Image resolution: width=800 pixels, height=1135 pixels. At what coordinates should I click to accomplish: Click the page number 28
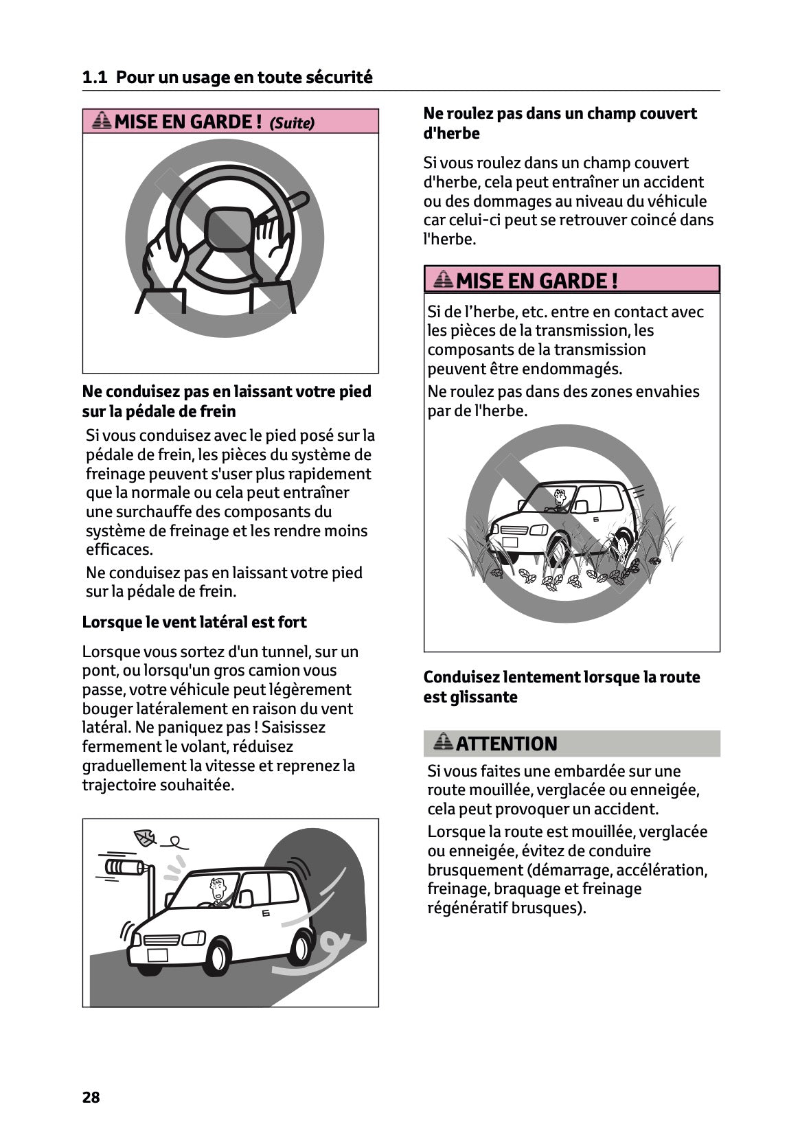(x=91, y=1097)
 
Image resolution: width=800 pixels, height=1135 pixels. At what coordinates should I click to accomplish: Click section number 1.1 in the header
(x=94, y=78)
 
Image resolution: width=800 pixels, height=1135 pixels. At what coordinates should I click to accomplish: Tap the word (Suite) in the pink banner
(x=292, y=123)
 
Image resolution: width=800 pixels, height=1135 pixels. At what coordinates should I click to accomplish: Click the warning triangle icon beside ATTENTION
(x=444, y=742)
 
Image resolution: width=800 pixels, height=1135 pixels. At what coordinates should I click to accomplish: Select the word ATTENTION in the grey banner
(x=506, y=744)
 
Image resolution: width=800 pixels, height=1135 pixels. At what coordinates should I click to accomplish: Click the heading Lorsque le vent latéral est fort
(x=194, y=622)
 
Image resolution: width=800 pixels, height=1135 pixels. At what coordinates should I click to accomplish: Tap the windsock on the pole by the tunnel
(x=124, y=867)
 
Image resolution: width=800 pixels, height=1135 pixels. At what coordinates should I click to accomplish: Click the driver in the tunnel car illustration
(x=218, y=891)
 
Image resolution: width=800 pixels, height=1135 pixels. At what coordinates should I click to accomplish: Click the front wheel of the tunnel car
(x=218, y=955)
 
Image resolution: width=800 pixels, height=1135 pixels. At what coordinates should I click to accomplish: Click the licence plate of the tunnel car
(x=157, y=954)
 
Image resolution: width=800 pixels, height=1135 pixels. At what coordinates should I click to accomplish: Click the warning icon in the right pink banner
(x=444, y=279)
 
